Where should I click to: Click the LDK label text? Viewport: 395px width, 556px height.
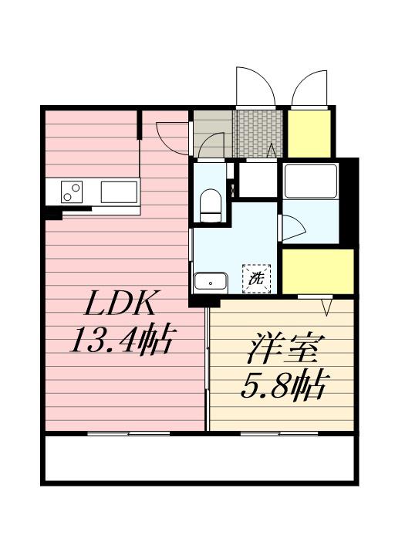point(120,303)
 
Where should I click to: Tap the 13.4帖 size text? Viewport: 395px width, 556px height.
point(123,339)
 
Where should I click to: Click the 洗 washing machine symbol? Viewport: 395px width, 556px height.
point(256,279)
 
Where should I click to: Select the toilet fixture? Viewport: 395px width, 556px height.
point(211,205)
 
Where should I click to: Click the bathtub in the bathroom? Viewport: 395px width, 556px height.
point(310,181)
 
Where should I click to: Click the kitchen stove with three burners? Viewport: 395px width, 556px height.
point(72,192)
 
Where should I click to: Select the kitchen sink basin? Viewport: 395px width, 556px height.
point(119,192)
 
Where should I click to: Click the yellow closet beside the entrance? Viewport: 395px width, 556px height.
point(309,134)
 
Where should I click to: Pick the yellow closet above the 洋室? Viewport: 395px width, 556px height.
point(318,271)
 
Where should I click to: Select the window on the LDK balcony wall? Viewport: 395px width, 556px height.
point(129,433)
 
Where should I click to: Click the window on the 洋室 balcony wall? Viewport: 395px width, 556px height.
point(279,433)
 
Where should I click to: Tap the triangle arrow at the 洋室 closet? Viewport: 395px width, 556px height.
point(327,307)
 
